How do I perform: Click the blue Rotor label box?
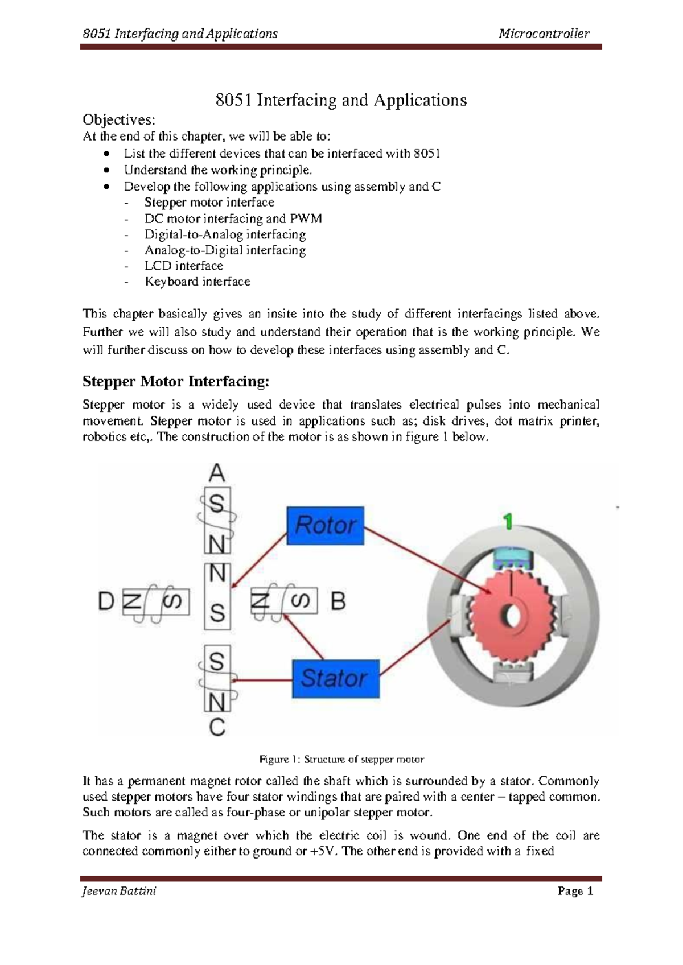tap(325, 525)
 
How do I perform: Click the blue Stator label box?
tap(335, 678)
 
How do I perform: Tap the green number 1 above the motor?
tap(508, 521)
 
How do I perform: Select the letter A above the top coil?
tap(217, 473)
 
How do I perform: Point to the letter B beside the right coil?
tap(338, 601)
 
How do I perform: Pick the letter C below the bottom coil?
tap(217, 728)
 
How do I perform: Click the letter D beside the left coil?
tap(106, 601)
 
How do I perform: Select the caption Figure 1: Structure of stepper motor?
tap(341, 759)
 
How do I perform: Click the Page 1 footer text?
tap(575, 891)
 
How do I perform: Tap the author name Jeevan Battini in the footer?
tap(119, 891)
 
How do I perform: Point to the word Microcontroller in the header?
tap(544, 34)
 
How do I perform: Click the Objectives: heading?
tap(119, 119)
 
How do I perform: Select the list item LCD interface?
tap(184, 266)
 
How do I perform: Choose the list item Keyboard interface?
tap(198, 282)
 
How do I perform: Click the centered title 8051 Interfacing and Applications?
tap(341, 100)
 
